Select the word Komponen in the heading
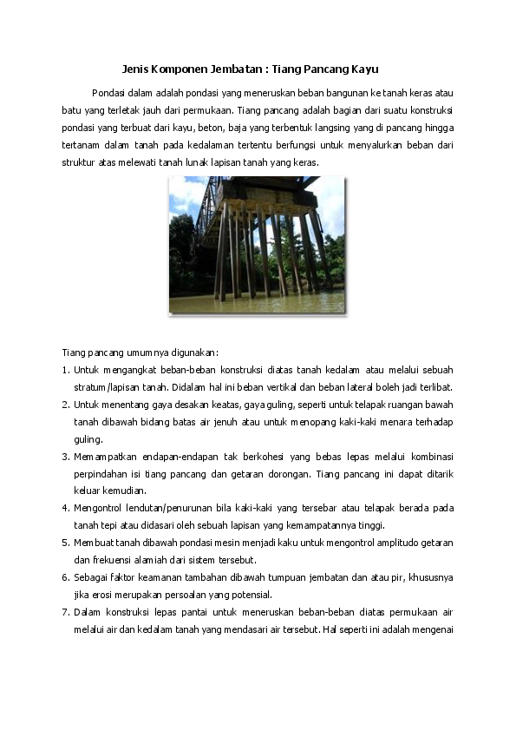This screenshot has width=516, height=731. [181, 68]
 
